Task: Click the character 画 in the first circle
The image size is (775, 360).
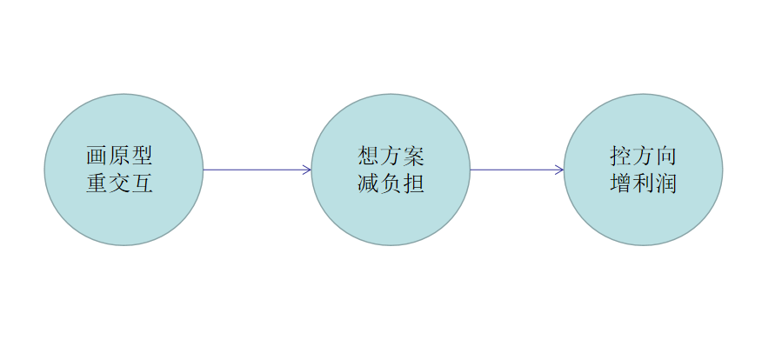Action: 97,157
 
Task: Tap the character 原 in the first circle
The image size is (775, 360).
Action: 119,157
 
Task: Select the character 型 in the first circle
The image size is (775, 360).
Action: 142,157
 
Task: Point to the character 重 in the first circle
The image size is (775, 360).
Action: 97,183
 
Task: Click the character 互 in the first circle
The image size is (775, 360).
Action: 142,183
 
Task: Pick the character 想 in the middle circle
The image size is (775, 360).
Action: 368,157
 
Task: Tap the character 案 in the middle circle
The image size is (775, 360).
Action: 413,157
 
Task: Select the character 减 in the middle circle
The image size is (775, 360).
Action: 368,183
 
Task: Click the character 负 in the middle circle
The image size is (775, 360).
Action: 391,183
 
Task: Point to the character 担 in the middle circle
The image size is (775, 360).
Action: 413,183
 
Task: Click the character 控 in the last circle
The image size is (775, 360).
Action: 621,157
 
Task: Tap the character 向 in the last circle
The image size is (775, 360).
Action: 666,157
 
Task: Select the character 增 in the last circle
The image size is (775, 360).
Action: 621,183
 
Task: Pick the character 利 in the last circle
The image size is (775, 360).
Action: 644,183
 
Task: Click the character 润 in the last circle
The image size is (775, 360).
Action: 666,183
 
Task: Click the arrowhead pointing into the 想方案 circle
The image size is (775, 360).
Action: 307,170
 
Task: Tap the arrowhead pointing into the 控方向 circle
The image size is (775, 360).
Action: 560,170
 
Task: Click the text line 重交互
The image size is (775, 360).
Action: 119,183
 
